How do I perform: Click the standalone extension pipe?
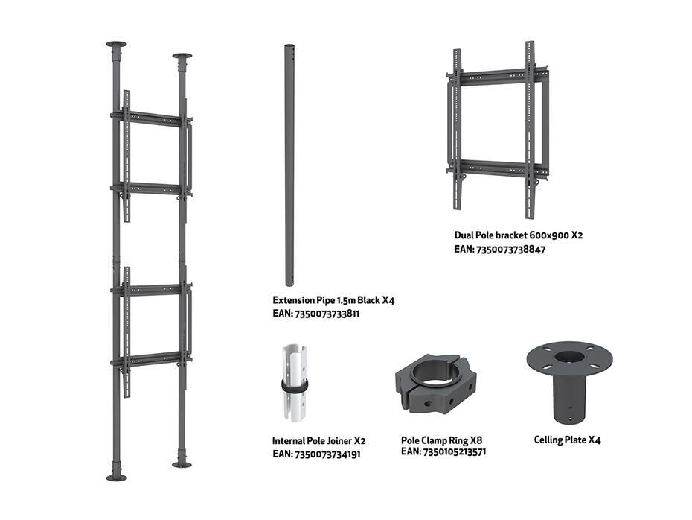click(289, 165)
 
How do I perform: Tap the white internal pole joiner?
click(295, 383)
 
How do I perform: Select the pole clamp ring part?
click(435, 383)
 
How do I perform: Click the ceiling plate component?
click(569, 381)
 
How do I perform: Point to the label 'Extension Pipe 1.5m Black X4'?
click(333, 300)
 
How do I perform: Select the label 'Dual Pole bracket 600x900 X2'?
click(519, 235)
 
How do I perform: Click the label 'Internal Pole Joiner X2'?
click(318, 441)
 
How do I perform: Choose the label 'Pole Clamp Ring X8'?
click(441, 440)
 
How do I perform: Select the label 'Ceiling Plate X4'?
click(567, 440)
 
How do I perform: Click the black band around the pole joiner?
click(295, 386)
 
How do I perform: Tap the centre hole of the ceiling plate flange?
click(569, 356)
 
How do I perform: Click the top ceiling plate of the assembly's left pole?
click(116, 45)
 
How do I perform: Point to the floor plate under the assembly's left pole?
click(117, 478)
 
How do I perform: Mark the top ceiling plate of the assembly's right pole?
click(182, 56)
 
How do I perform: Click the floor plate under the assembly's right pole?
click(182, 464)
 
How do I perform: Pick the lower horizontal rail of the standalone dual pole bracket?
click(498, 169)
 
